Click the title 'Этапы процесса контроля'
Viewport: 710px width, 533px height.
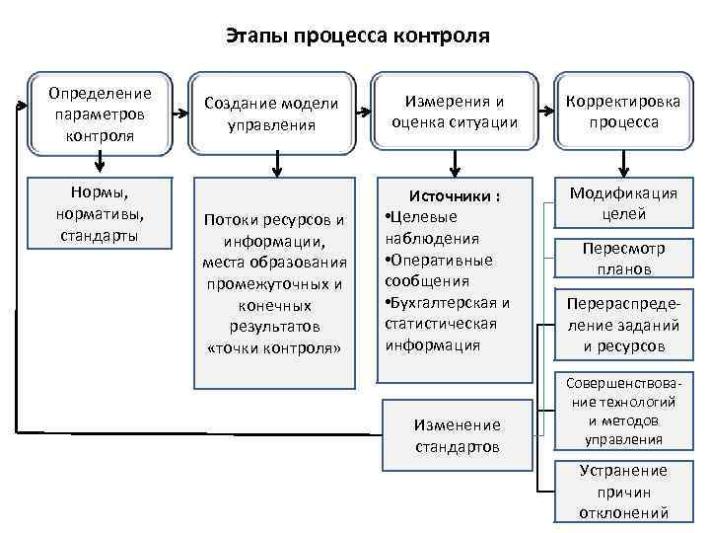(x=357, y=38)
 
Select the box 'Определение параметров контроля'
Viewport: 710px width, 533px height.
(x=99, y=114)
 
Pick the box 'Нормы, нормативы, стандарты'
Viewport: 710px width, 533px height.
(x=99, y=209)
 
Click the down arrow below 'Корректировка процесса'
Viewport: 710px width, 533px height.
(x=623, y=163)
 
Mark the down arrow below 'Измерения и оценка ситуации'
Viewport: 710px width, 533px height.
(x=455, y=163)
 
